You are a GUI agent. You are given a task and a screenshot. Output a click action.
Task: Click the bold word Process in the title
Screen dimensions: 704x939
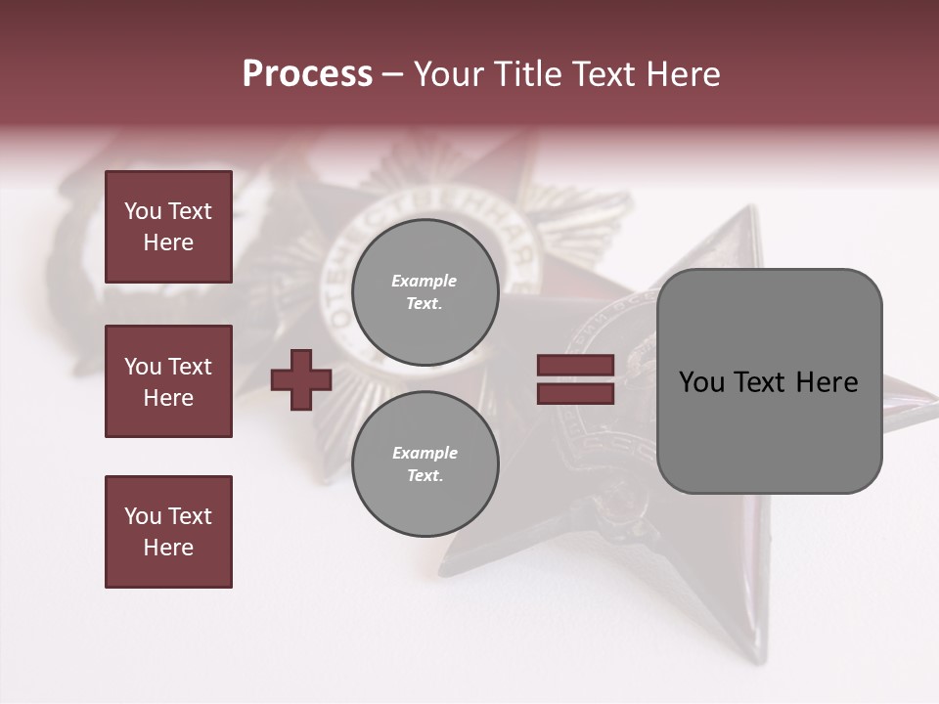pyautogui.click(x=307, y=74)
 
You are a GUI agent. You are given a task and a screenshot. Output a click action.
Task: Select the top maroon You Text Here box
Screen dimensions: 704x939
pyautogui.click(x=168, y=227)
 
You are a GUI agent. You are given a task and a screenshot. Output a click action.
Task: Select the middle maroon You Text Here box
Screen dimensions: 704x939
pyautogui.click(x=168, y=381)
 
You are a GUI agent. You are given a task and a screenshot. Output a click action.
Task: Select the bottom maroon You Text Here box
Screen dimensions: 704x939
pyautogui.click(x=168, y=532)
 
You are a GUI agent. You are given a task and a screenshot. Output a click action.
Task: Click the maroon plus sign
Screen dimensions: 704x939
pyautogui.click(x=301, y=379)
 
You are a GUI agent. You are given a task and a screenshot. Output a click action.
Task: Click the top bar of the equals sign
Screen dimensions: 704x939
pyautogui.click(x=575, y=366)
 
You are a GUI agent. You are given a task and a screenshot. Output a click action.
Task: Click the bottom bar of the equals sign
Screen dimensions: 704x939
pyautogui.click(x=575, y=394)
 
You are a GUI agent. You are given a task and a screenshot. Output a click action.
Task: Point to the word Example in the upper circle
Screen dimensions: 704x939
pyautogui.click(x=424, y=282)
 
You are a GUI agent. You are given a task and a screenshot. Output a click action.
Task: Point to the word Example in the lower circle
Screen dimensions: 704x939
pyautogui.click(x=424, y=454)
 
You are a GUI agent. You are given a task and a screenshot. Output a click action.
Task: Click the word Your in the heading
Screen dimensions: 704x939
pyautogui.click(x=450, y=74)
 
